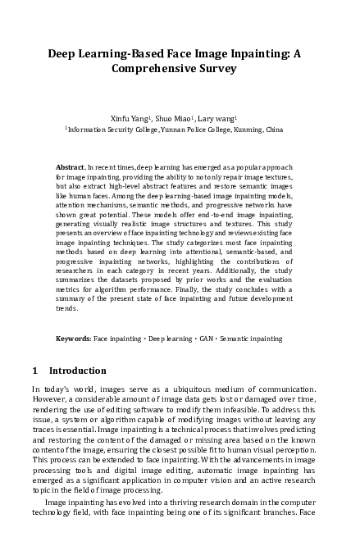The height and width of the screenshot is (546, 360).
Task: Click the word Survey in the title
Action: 214,69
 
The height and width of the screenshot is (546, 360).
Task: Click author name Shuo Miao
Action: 175,117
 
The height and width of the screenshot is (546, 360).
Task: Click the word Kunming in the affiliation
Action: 246,130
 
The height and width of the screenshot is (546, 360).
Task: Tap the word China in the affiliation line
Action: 275,130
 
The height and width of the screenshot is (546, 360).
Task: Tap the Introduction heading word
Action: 78,371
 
